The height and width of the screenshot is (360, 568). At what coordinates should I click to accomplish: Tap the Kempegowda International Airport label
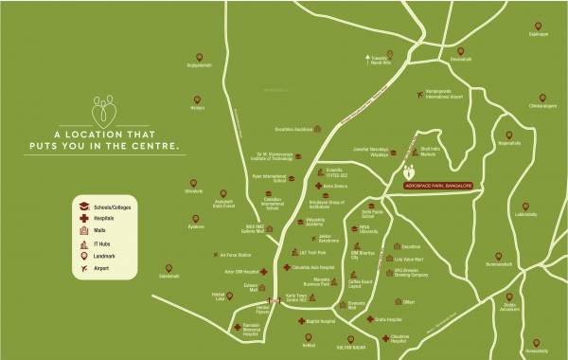click(444, 94)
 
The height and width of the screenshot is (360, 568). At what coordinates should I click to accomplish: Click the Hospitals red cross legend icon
click(83, 218)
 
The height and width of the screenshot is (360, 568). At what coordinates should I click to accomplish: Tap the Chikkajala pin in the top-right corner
click(541, 25)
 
